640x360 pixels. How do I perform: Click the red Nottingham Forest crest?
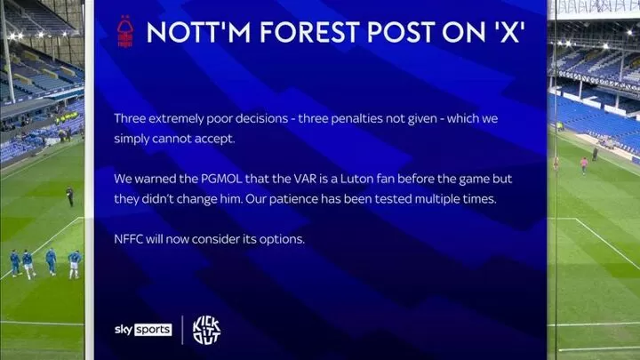[125, 31]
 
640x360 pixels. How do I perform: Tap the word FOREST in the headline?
[310, 32]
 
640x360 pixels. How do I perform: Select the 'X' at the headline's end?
[509, 32]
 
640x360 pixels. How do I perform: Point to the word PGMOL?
[221, 179]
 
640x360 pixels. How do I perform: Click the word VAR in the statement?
[305, 179]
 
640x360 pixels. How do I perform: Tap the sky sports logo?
[143, 330]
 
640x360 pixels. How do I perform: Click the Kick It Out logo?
[206, 330]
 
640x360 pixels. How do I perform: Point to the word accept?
[214, 140]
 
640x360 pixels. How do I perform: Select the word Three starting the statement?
[130, 118]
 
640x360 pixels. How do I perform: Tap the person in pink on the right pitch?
[584, 165]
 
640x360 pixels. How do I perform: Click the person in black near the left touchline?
[70, 196]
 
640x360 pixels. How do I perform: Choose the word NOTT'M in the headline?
[199, 32]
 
